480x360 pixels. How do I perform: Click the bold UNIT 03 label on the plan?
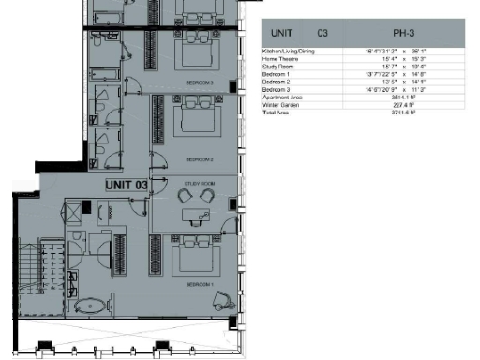(127, 185)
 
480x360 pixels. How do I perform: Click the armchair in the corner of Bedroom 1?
(222, 299)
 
